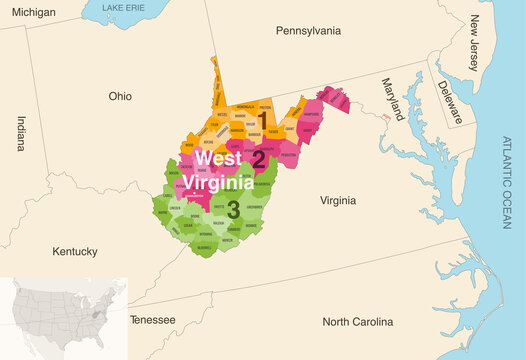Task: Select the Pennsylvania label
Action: pos(308,31)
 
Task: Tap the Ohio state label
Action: pos(120,96)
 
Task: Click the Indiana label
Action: pos(21,134)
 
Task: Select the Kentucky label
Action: pos(75,250)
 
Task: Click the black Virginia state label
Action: pos(337,201)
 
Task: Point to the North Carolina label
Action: pos(357,322)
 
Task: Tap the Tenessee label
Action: pos(152,320)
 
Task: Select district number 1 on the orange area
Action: pos(263,122)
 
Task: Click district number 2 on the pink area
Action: pos(258,158)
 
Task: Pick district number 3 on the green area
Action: pos(233,208)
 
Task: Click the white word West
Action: pos(217,158)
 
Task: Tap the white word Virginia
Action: pos(218,183)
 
